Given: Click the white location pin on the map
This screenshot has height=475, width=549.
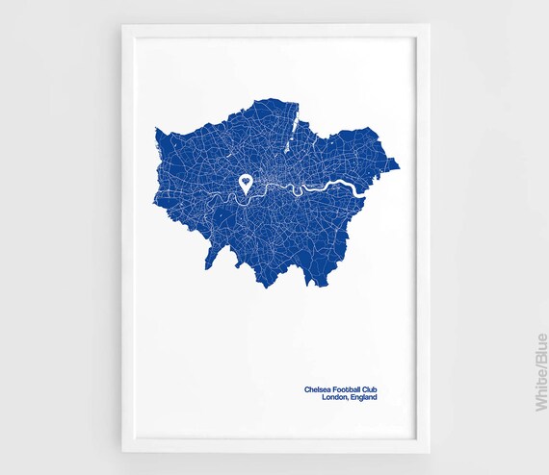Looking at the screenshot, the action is [248, 183].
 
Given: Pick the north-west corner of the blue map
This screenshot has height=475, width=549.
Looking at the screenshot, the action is [156, 127].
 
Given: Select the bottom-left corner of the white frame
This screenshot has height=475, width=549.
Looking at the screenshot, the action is [122, 451].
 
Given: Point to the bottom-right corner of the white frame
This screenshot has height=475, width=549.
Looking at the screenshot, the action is [430, 451].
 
